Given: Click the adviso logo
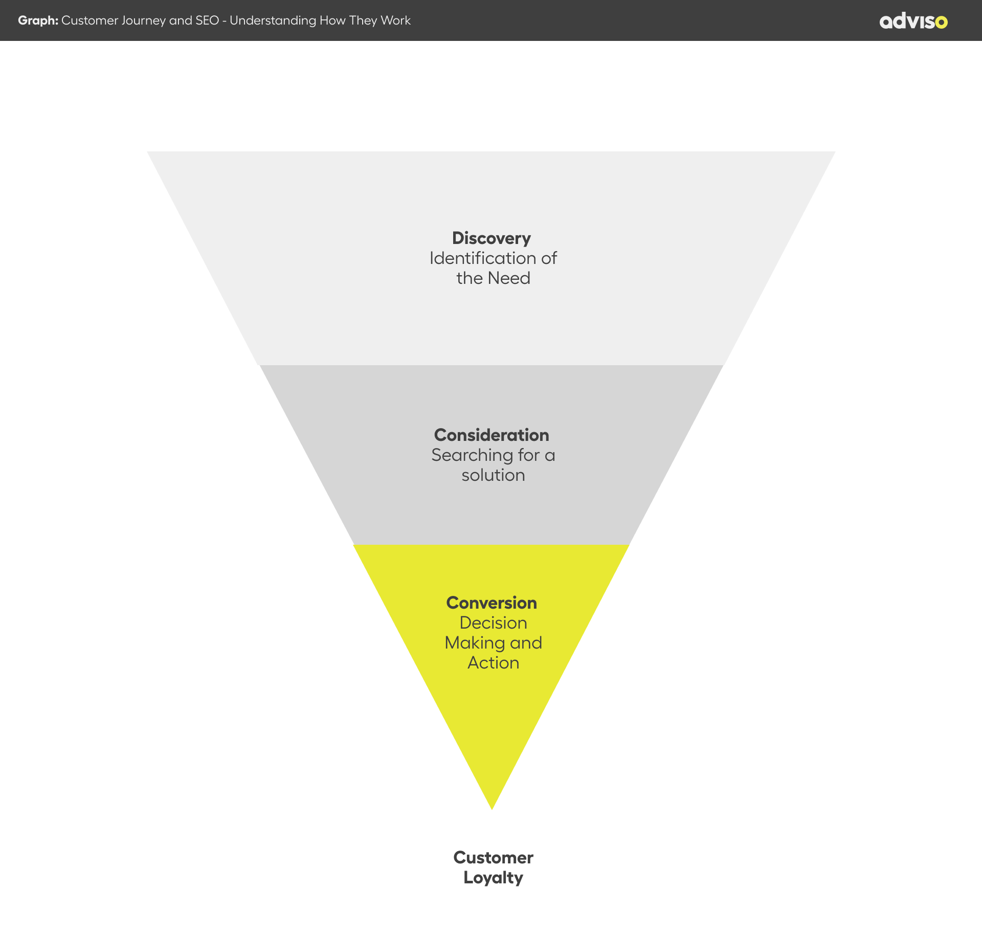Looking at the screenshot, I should (x=913, y=21).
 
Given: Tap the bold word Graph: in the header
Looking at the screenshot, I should (x=38, y=20).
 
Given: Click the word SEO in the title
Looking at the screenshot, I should (x=207, y=20).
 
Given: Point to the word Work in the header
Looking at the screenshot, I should (x=395, y=20).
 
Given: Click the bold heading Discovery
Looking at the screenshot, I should (x=492, y=238).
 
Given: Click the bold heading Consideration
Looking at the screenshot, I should (x=492, y=435).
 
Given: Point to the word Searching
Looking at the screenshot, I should (x=472, y=455).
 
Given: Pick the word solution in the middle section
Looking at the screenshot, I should (x=493, y=475).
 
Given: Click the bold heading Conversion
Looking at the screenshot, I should (x=492, y=603).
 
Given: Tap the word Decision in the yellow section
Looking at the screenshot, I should (x=493, y=623).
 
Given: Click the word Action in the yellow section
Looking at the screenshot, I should (x=493, y=663).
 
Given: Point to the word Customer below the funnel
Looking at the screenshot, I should (x=493, y=858).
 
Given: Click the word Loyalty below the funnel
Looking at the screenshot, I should (x=493, y=878).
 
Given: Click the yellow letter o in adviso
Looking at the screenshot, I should (x=941, y=23).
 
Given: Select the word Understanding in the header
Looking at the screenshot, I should (x=273, y=21).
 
